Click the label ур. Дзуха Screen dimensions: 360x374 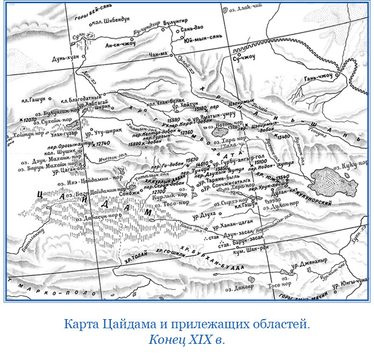pos(206,214)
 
